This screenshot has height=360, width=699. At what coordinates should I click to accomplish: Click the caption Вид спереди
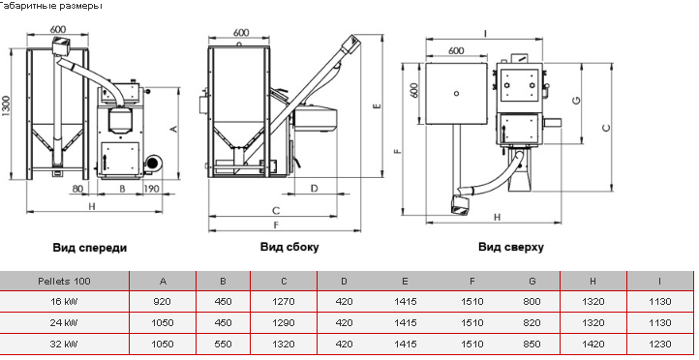tap(90, 248)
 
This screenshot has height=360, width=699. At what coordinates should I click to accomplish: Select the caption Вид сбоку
tap(289, 247)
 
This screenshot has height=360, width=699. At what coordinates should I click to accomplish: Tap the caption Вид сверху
tap(511, 247)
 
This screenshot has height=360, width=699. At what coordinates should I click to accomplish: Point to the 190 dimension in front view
tap(151, 189)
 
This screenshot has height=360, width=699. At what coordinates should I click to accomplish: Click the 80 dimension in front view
tap(77, 189)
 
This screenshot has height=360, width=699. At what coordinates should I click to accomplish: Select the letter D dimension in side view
tap(314, 188)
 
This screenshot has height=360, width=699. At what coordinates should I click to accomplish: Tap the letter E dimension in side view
tap(378, 106)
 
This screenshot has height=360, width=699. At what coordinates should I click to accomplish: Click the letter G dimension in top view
tap(576, 101)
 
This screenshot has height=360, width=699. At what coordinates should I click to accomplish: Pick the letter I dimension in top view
tap(485, 34)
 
